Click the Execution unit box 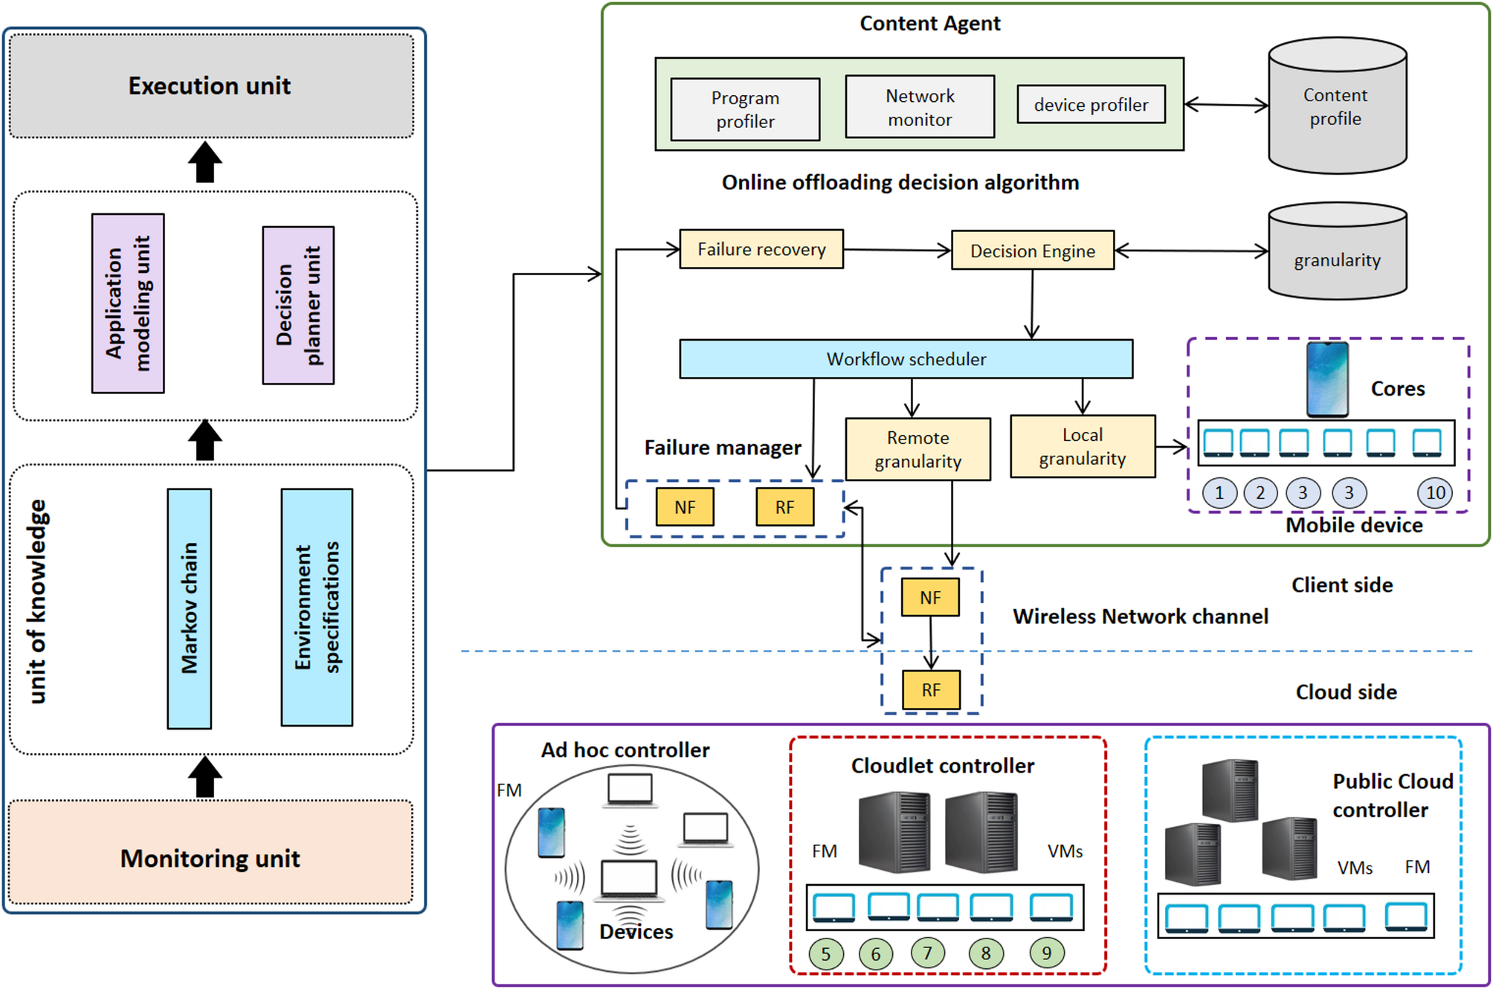coord(211,86)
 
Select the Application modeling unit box coord(128,303)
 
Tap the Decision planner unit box coord(298,305)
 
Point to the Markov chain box coord(190,608)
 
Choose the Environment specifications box coord(317,607)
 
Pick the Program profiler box coord(745,109)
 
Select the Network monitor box coord(920,107)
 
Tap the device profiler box coord(1091,105)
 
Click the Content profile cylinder coord(1337,107)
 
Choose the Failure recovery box coord(761,249)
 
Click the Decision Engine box coord(1033,251)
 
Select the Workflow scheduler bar coord(906,359)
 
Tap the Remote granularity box coord(918,449)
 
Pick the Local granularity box coord(1083,446)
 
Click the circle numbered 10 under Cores coord(1435,492)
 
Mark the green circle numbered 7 coord(927,953)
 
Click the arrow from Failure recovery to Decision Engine coord(897,250)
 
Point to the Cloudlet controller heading coord(942,765)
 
